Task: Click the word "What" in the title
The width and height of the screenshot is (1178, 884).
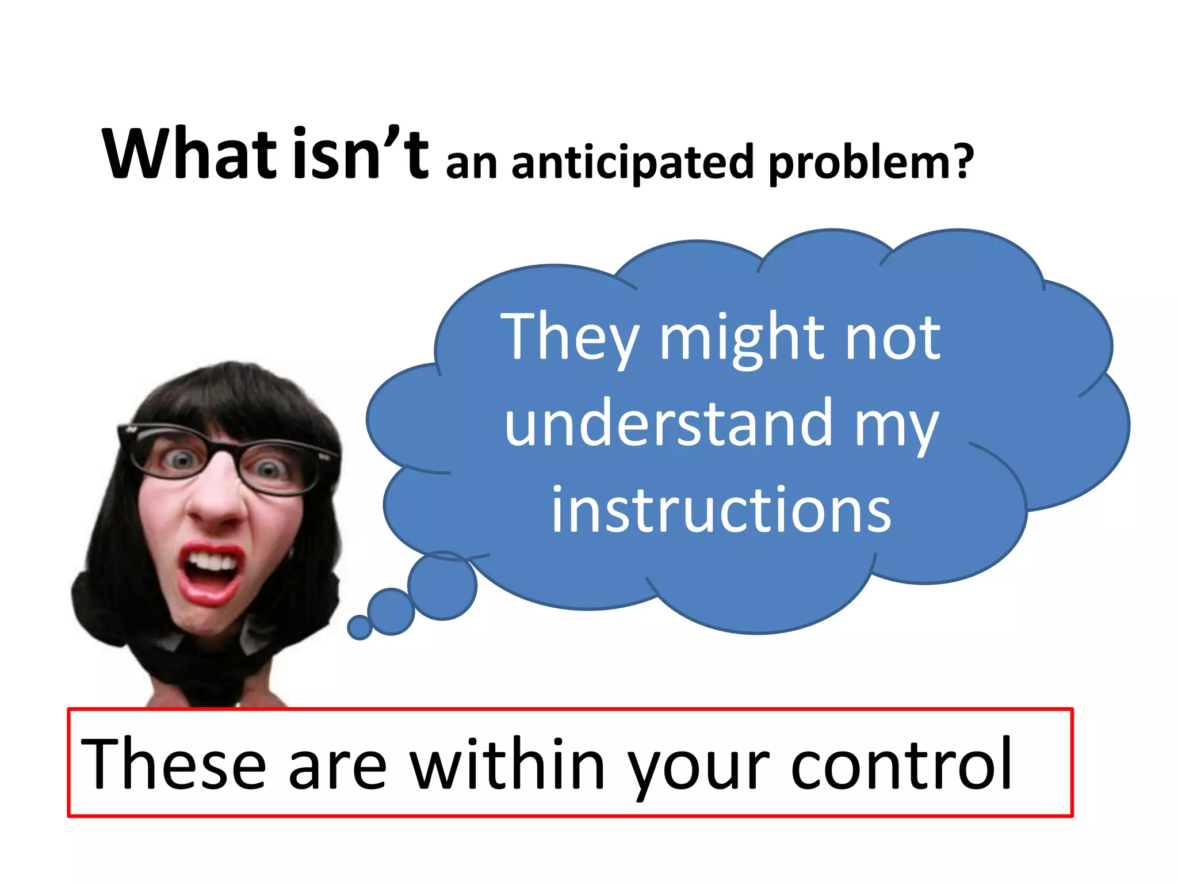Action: tap(188, 154)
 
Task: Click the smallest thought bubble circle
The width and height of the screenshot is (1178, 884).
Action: tap(360, 627)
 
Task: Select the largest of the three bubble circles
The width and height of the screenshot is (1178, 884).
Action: tap(442, 585)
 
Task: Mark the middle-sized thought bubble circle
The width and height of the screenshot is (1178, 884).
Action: tap(391, 611)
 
